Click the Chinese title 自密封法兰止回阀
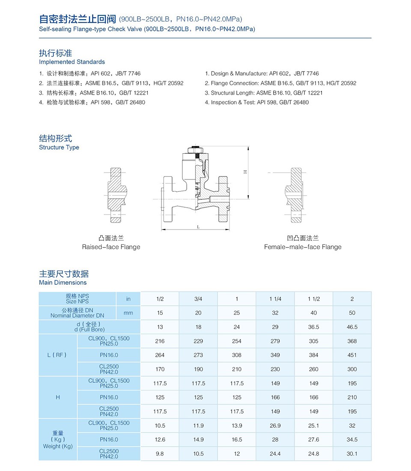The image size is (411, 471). pos(77,19)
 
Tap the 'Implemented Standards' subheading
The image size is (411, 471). pos(71,62)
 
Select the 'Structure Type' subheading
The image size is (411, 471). pos(59,147)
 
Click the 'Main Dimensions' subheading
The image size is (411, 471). pos(63,283)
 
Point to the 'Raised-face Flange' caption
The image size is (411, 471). pos(111,247)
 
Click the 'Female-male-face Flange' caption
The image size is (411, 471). pos(303,247)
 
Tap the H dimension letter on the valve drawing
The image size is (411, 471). pos(245,172)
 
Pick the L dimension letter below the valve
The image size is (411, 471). pos(199,227)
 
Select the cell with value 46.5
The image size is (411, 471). pos(352,327)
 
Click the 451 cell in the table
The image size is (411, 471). pos(352,355)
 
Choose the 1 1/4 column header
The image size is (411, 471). pos(275,299)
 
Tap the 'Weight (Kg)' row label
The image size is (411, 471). pos(58,446)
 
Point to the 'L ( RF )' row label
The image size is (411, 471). pos(58,355)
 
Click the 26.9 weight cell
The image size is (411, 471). pos(275,426)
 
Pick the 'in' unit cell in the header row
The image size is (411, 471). pos(128,299)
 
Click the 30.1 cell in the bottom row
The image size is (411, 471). pos(352,453)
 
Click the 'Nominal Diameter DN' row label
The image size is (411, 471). pos(77,316)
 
